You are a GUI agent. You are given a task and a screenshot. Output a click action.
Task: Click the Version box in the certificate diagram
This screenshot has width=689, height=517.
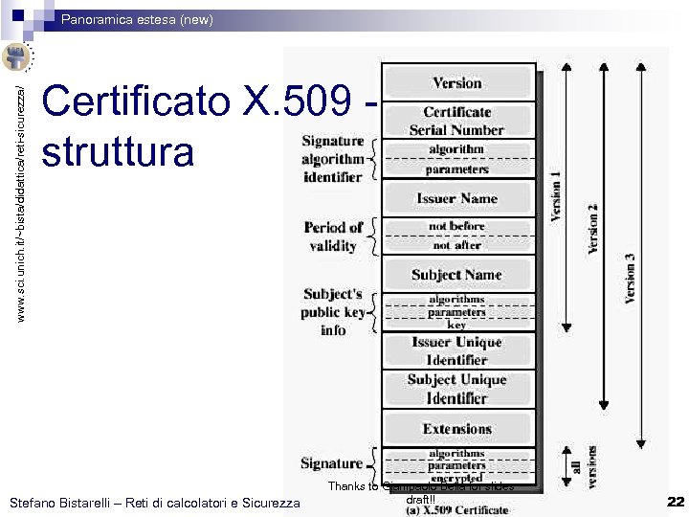(x=457, y=83)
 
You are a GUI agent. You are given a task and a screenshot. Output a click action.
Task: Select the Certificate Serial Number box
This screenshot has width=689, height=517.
(x=457, y=121)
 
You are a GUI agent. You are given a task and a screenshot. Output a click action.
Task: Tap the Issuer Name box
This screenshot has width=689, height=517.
(x=457, y=198)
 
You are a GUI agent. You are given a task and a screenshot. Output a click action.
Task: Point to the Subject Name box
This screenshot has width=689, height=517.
(x=457, y=275)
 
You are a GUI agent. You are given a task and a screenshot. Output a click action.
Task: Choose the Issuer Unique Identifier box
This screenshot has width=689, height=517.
(x=457, y=350)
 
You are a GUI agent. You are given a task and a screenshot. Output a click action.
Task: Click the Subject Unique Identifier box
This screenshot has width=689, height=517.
(x=457, y=389)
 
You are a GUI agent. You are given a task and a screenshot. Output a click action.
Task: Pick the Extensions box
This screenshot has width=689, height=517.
(x=457, y=429)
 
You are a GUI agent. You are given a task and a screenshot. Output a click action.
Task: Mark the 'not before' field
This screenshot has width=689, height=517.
(x=457, y=226)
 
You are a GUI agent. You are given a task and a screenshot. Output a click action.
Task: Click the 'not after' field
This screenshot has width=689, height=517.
(x=457, y=245)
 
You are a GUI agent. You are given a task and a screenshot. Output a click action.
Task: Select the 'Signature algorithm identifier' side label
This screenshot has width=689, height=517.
(x=332, y=159)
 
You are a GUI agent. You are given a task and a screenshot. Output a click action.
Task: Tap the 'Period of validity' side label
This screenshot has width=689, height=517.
(x=332, y=236)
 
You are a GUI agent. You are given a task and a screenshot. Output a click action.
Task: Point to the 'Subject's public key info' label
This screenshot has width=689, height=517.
(x=332, y=312)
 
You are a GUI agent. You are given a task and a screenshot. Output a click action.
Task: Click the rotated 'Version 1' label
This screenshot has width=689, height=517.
(x=557, y=196)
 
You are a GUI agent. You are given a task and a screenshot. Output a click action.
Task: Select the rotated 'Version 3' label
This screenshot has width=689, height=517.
(x=630, y=278)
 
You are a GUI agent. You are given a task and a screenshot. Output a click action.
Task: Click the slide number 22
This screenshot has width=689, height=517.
(x=676, y=502)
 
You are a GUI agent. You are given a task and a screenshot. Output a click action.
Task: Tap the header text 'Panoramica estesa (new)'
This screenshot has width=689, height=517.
(x=138, y=19)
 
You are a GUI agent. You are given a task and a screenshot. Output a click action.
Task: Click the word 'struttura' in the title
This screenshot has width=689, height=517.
(x=119, y=152)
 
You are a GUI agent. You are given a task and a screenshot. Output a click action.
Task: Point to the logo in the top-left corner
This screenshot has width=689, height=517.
(x=16, y=56)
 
